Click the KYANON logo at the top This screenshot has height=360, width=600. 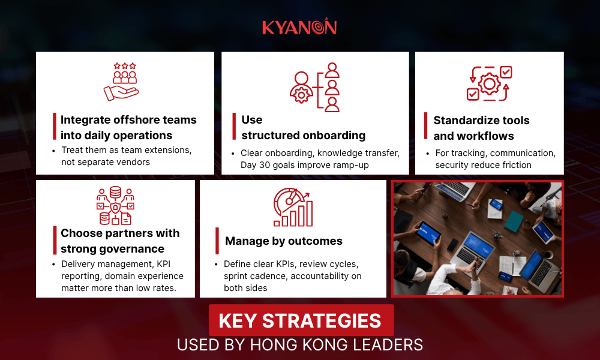[x=299, y=28]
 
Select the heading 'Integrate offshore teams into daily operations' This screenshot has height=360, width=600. [x=128, y=127]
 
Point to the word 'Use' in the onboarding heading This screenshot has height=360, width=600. [x=252, y=119]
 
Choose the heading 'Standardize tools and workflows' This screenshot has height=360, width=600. [x=481, y=128]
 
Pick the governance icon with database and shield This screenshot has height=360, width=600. [x=115, y=206]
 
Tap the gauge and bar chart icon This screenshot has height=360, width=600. [x=292, y=207]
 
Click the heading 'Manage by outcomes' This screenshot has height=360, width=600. [x=284, y=241]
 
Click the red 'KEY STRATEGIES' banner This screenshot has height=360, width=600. [x=301, y=320]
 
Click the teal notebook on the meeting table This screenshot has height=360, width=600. [x=514, y=221]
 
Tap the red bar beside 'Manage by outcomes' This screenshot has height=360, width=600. [x=217, y=241]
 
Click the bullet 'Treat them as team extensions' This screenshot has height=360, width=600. [x=126, y=150]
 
